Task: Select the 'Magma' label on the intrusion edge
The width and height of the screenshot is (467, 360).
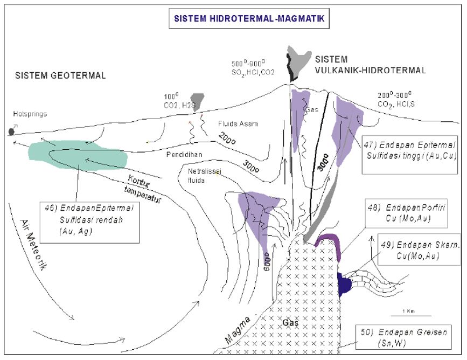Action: pyautogui.click(x=239, y=329)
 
